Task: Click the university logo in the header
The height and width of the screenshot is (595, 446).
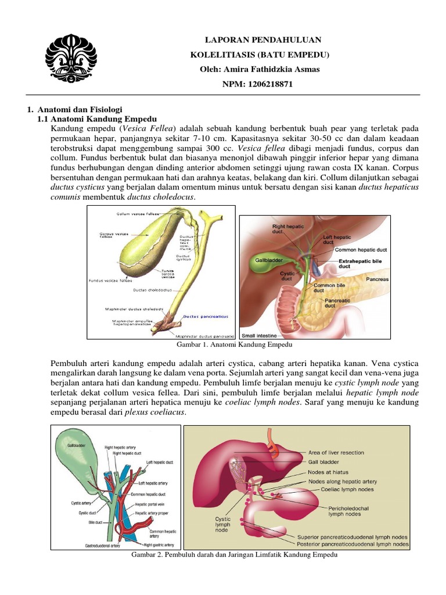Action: pos(71,56)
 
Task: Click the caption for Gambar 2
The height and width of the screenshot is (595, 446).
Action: pos(235,555)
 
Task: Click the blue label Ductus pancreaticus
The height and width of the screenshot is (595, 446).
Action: pos(206,317)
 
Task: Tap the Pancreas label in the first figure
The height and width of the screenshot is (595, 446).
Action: pos(377,279)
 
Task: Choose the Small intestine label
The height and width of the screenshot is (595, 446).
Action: pos(260,335)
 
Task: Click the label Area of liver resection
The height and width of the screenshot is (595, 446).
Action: pos(336,452)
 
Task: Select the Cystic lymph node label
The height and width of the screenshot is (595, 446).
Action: pos(223,524)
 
